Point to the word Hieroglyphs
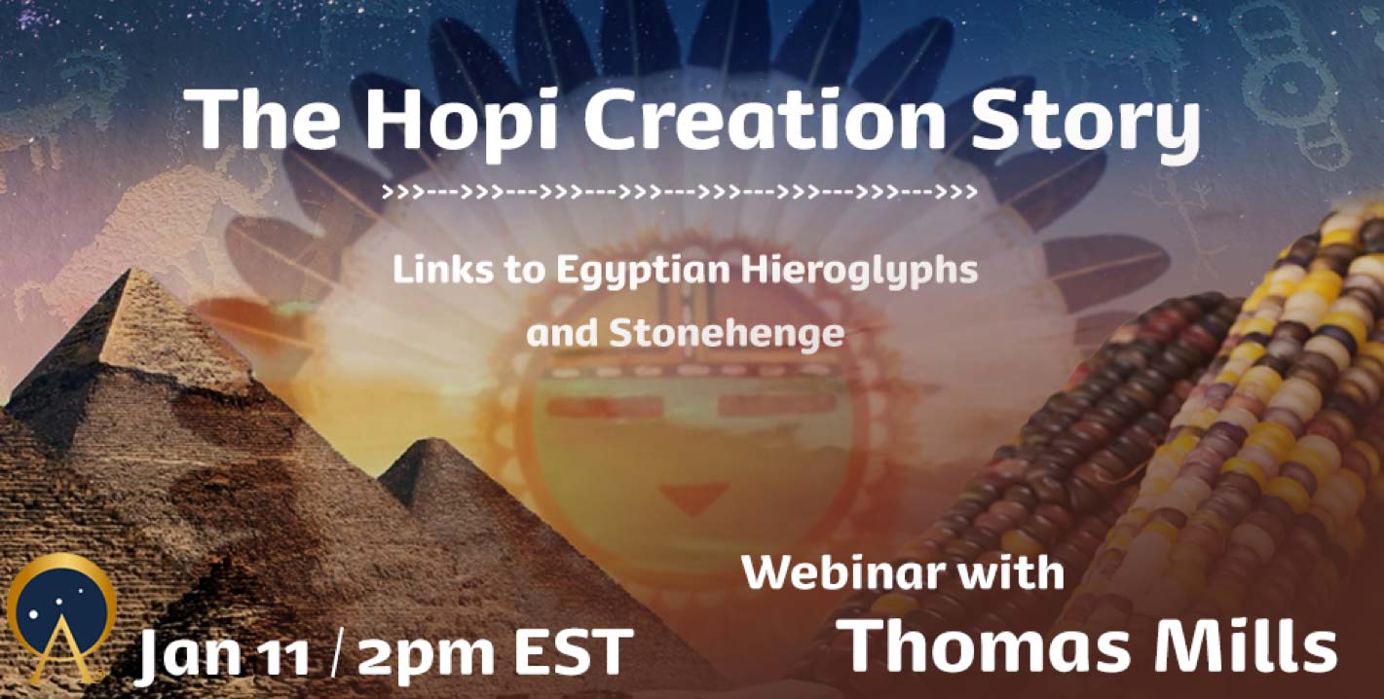pyautogui.click(x=860, y=271)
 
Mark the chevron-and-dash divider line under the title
pyautogui.click(x=680, y=192)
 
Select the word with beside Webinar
pyautogui.click(x=1001, y=573)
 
